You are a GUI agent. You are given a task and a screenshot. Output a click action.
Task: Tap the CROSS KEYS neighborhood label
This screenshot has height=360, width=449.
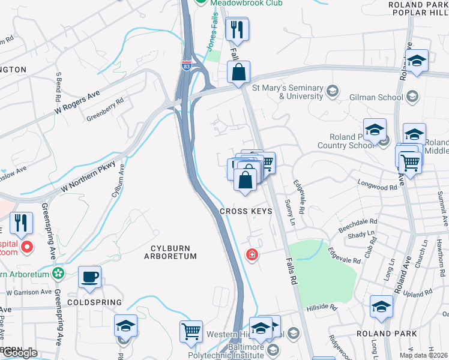246,211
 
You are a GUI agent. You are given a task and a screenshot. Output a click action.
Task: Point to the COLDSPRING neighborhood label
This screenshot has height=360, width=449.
98,302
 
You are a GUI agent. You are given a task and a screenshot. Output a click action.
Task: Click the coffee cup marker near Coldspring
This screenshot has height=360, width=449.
90,277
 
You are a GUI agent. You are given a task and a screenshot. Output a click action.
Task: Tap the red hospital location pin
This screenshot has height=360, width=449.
27,247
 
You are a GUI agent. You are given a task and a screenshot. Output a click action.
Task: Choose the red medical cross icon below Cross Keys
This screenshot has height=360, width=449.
252,254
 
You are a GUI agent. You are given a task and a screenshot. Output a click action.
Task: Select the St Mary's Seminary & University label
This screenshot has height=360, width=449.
288,92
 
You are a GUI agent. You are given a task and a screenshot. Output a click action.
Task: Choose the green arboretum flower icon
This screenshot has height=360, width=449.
58,274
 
